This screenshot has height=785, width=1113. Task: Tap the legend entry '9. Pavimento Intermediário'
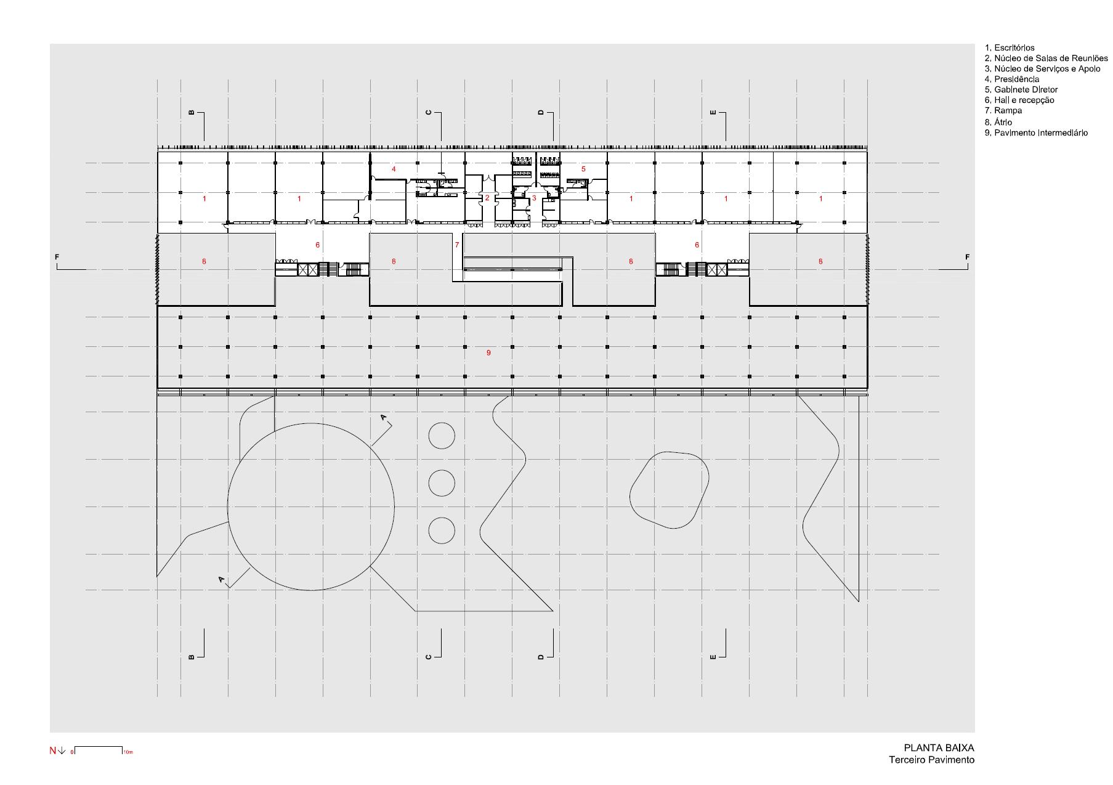tap(1036, 132)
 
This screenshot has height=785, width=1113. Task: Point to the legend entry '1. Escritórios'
tap(1010, 47)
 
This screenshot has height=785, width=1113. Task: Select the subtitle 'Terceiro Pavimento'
tap(931, 760)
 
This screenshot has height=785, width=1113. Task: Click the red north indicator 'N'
tap(53, 750)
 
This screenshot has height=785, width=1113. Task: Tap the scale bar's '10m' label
tap(128, 752)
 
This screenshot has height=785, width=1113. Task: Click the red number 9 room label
tap(488, 353)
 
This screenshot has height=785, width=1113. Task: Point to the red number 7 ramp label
tap(457, 245)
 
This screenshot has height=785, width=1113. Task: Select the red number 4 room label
tap(394, 169)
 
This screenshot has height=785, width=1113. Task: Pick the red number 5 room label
tap(583, 169)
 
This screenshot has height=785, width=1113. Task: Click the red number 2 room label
tap(487, 198)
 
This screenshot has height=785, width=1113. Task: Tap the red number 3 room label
tap(534, 198)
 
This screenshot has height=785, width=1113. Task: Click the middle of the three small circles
tap(442, 483)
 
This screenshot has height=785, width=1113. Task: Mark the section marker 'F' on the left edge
tap(57, 257)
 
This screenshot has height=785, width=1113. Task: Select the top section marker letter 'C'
tap(429, 113)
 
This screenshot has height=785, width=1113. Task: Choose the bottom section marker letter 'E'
tap(713, 657)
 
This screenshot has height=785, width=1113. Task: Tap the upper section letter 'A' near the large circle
tap(384, 418)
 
